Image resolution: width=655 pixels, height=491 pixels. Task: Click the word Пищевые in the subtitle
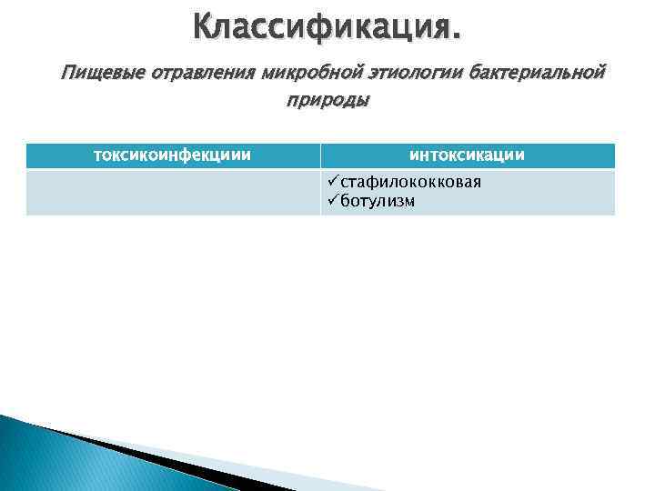pyautogui.click(x=90, y=72)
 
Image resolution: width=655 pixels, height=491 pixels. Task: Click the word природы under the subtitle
pyautogui.click(x=328, y=102)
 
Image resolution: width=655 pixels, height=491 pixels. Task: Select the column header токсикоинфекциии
pyautogui.click(x=173, y=155)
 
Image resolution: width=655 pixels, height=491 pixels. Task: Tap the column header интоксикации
pyautogui.click(x=468, y=155)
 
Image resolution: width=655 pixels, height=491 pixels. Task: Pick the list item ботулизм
pyautogui.click(x=378, y=201)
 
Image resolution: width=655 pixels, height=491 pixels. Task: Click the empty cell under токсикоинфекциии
pyautogui.click(x=173, y=192)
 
